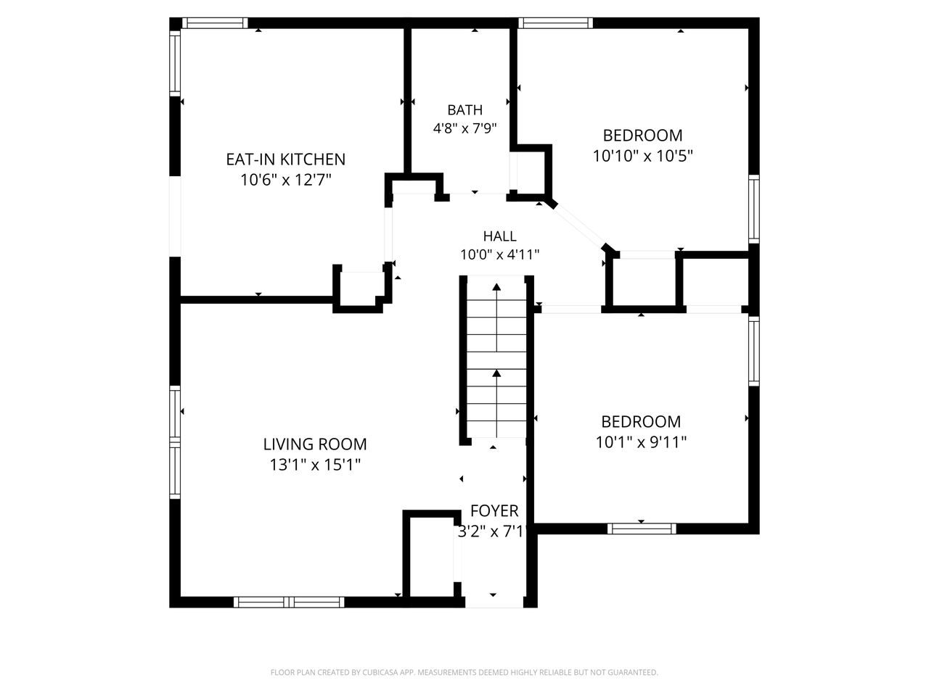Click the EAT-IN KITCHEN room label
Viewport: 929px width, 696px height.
pyautogui.click(x=286, y=159)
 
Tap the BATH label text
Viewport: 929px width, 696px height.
pyautogui.click(x=464, y=110)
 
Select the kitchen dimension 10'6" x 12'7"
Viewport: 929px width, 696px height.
pyautogui.click(x=286, y=180)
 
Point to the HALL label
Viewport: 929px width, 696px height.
pyautogui.click(x=499, y=236)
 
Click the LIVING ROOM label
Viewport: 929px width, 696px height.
pyautogui.click(x=315, y=444)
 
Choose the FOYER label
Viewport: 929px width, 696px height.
pyautogui.click(x=494, y=511)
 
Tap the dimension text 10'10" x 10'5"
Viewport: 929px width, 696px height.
pyautogui.click(x=642, y=156)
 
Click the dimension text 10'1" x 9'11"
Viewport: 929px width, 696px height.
pyautogui.click(x=641, y=442)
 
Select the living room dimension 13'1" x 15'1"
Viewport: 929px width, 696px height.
pyautogui.click(x=315, y=465)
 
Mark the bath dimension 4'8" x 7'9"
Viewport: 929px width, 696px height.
pyautogui.click(x=464, y=128)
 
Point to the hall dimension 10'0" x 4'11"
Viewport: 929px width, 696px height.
pyautogui.click(x=499, y=254)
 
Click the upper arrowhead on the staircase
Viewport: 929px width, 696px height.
pyautogui.click(x=496, y=287)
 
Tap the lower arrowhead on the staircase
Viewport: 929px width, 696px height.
pyautogui.click(x=496, y=373)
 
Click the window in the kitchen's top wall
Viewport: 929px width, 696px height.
pyautogui.click(x=215, y=22)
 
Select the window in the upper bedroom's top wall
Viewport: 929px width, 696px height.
pyautogui.click(x=555, y=22)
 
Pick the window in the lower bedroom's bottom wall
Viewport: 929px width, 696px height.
pyautogui.click(x=642, y=529)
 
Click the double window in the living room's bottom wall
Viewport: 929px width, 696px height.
pyautogui.click(x=289, y=602)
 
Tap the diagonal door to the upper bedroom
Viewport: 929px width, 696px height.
pyautogui.click(x=579, y=226)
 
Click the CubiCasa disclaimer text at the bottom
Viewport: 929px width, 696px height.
pyautogui.click(x=464, y=672)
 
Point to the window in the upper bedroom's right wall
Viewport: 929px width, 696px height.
pyautogui.click(x=754, y=210)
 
